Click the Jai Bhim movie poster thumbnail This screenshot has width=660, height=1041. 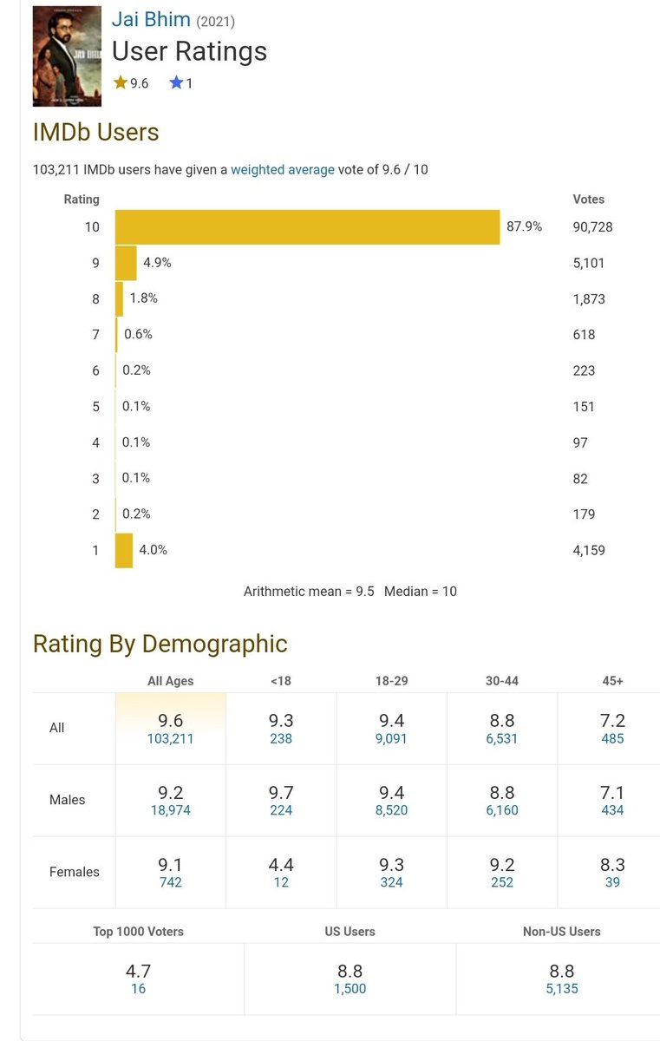coord(67,56)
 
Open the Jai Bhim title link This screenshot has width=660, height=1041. coord(151,19)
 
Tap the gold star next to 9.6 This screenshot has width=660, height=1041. coord(121,82)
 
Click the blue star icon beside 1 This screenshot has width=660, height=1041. coord(176,82)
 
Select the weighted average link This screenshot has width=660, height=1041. coord(283,170)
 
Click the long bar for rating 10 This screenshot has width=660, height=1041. coord(308,226)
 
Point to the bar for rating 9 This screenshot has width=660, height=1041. coord(126,263)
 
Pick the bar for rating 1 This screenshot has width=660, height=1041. coord(124,550)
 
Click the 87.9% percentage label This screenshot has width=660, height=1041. coord(524,226)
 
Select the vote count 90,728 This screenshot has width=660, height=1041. coord(592,226)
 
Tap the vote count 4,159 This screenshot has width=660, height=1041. coord(589,550)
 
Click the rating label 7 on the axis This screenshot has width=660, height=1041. coord(95,335)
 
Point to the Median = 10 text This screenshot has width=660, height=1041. coord(421,591)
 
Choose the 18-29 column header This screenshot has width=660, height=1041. coord(391,681)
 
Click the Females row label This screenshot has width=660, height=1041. coord(75,871)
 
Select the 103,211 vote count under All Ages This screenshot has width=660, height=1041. coord(171,738)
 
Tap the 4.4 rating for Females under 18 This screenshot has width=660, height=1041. coord(281,864)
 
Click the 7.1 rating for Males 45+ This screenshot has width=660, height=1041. coord(612,792)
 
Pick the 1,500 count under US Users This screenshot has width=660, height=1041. coord(350,988)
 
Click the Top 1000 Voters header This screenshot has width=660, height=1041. coord(139,932)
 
